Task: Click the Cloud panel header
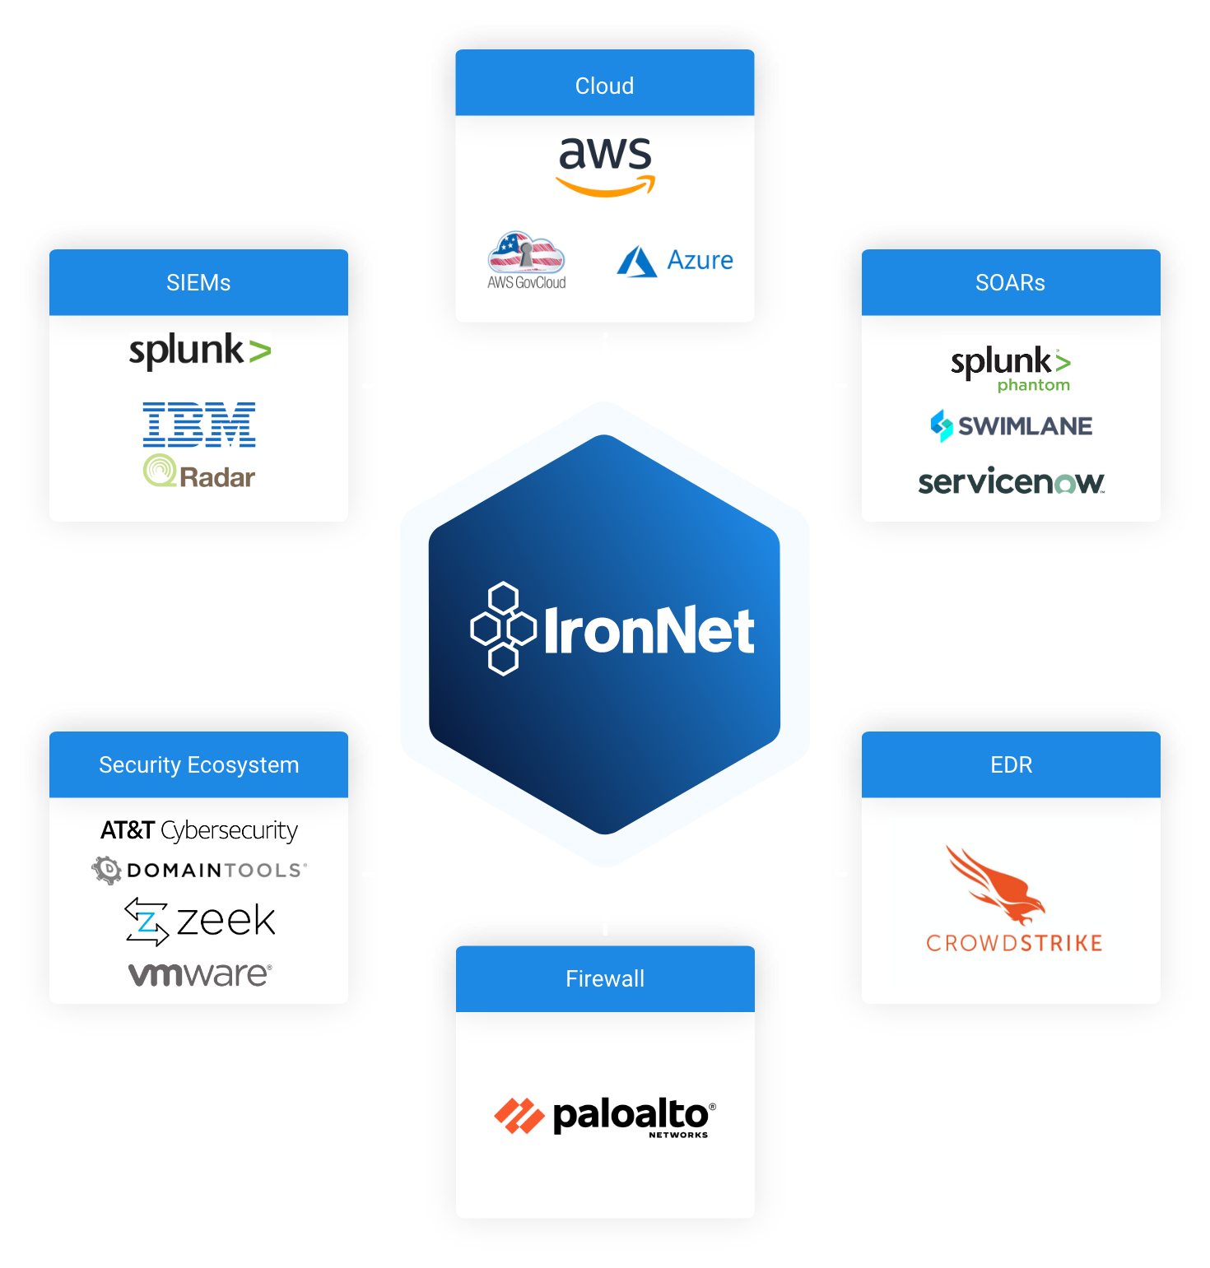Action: click(x=604, y=85)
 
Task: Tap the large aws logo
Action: click(x=606, y=165)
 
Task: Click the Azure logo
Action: click(x=675, y=261)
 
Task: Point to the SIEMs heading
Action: click(x=198, y=282)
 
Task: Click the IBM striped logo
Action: click(x=199, y=424)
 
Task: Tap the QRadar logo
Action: click(x=199, y=471)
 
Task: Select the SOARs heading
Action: click(x=1010, y=282)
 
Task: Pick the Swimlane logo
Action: click(x=1012, y=425)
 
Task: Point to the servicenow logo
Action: click(x=1012, y=481)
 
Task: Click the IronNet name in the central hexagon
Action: click(x=648, y=631)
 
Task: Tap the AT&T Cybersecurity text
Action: click(x=199, y=830)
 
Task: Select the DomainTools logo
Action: click(x=199, y=870)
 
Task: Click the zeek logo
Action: click(x=200, y=921)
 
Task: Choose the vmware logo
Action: click(x=200, y=974)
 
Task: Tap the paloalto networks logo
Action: click(x=605, y=1117)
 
